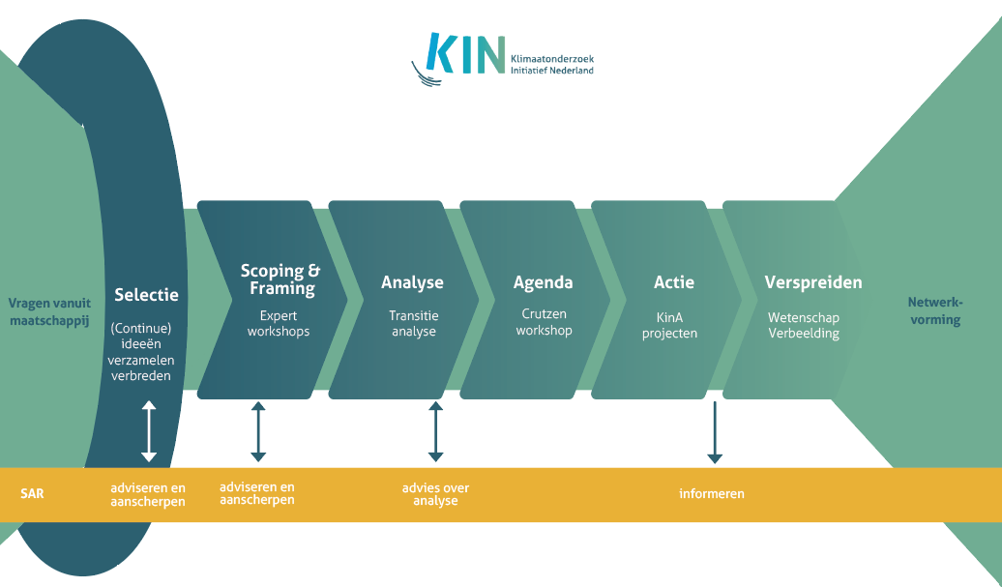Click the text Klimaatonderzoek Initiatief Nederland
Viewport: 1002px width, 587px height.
[x=552, y=65]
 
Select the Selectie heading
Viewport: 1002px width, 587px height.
[x=146, y=295]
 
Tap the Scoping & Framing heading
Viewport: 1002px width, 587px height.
[x=280, y=279]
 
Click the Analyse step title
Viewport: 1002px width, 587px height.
[x=412, y=282]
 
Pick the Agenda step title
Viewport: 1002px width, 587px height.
[x=543, y=282]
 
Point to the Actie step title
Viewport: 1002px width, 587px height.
[x=673, y=282]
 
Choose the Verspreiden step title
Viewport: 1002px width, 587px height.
[x=812, y=282]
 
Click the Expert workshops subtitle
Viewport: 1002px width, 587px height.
[x=279, y=323]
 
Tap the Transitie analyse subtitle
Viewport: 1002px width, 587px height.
[x=413, y=323]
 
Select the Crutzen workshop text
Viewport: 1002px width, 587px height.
[x=544, y=322]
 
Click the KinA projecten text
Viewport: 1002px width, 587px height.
[x=674, y=324]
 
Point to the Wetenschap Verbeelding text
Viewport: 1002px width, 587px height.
[x=804, y=325]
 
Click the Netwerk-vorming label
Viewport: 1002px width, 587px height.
[x=934, y=310]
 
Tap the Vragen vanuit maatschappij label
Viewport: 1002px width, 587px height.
[x=48, y=310]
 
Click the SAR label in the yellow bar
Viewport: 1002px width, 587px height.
[x=32, y=493]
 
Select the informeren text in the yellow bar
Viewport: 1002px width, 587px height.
[x=711, y=494]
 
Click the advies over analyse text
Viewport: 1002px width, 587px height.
[x=435, y=494]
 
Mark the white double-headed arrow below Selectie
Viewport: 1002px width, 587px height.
[x=148, y=430]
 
